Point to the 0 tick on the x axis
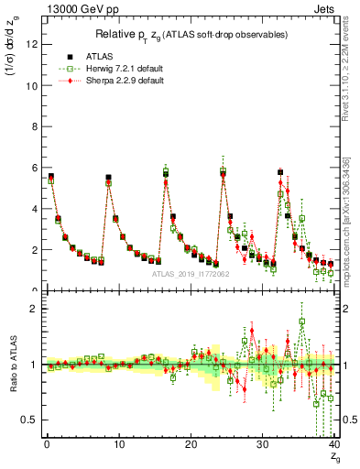click(x=46, y=443)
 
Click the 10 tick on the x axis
click(x=118, y=443)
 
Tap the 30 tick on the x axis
click(x=262, y=443)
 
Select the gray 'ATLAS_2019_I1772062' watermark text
click(x=190, y=273)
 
